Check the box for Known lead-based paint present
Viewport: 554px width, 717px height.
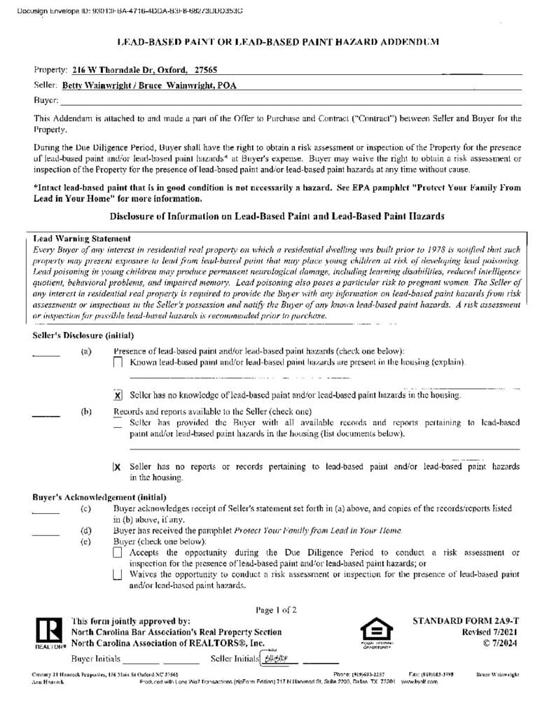click(118, 362)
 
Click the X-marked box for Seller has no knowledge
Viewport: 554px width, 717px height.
click(118, 396)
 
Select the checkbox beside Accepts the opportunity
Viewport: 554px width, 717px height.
click(118, 553)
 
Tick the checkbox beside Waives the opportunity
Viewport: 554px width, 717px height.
click(118, 575)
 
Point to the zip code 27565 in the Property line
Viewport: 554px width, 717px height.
click(205, 70)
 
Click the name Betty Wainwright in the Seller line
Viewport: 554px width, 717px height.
click(91, 85)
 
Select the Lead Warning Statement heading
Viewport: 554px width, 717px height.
click(81, 239)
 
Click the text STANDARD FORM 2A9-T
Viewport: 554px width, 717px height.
click(466, 621)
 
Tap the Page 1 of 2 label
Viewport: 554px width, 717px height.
click(276, 610)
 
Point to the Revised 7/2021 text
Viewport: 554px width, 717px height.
click(486, 632)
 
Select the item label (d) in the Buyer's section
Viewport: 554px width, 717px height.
click(86, 531)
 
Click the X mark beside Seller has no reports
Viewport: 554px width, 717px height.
click(117, 466)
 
